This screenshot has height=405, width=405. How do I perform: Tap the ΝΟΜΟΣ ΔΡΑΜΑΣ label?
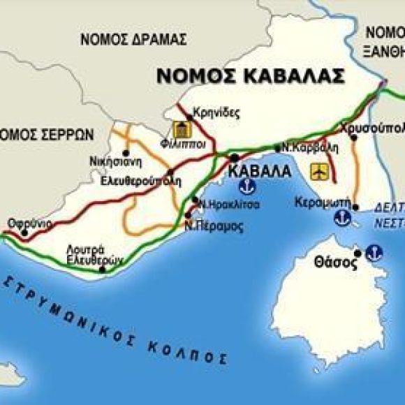coord(133,39)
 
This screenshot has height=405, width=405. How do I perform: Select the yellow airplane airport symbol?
coord(320,171)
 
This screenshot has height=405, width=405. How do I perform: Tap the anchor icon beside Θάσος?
coord(374,252)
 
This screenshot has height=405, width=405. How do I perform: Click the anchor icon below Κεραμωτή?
coord(341,216)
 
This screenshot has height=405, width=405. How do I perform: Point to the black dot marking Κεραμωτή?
coord(355,207)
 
